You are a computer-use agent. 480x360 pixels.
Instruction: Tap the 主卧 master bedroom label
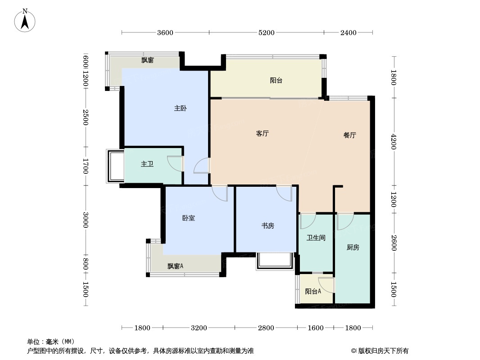click(181, 108)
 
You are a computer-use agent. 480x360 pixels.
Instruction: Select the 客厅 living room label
click(263, 134)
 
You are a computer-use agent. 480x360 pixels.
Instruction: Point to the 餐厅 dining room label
click(350, 135)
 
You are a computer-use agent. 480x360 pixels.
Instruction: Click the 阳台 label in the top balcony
click(276, 81)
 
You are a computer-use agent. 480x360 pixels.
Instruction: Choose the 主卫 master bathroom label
click(147, 164)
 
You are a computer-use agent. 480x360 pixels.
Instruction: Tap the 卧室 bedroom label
click(189, 218)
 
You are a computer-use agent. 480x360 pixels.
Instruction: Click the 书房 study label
click(268, 226)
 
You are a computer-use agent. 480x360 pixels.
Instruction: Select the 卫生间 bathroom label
click(316, 238)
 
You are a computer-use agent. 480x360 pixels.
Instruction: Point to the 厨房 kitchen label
click(353, 247)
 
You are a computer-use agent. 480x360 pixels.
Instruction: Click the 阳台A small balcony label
click(313, 292)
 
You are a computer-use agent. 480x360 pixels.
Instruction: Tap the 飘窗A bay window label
click(176, 266)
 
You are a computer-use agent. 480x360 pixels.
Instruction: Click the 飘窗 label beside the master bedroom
click(147, 60)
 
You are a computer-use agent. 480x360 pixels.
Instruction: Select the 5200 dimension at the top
click(267, 32)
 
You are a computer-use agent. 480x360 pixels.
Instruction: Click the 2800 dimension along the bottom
click(266, 328)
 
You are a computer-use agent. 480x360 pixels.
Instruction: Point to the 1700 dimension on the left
click(85, 166)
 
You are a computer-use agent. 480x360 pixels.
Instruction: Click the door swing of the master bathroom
click(174, 163)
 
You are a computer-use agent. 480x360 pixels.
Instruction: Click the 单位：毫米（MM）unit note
click(51, 342)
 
